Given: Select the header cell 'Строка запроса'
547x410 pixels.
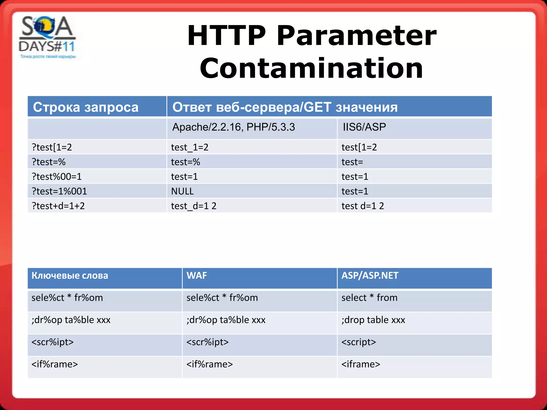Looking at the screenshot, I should click(85, 107).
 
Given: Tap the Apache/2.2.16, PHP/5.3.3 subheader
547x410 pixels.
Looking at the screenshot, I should click(233, 127).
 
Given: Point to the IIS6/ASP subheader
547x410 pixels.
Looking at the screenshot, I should click(364, 127).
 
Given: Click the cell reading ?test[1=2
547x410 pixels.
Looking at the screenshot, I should click(52, 147).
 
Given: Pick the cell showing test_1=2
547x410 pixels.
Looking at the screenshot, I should click(190, 147).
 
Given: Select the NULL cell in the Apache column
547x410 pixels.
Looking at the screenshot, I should click(182, 191).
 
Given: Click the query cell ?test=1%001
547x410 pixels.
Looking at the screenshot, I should click(59, 191).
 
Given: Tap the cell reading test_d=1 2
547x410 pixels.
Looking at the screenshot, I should click(194, 206).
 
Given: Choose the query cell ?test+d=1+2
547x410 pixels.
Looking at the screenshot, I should click(58, 206).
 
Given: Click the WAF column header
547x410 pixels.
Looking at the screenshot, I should click(197, 275).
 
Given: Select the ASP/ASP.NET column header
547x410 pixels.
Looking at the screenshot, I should click(370, 275).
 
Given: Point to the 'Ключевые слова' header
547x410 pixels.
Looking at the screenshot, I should click(70, 275).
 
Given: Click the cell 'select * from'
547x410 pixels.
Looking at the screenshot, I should click(369, 298).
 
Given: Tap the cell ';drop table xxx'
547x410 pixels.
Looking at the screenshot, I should click(373, 320).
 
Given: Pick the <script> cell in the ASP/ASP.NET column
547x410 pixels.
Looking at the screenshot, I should click(359, 342).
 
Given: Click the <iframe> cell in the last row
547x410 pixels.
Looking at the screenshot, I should click(361, 364).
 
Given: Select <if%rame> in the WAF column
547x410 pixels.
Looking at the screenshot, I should click(210, 364).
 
